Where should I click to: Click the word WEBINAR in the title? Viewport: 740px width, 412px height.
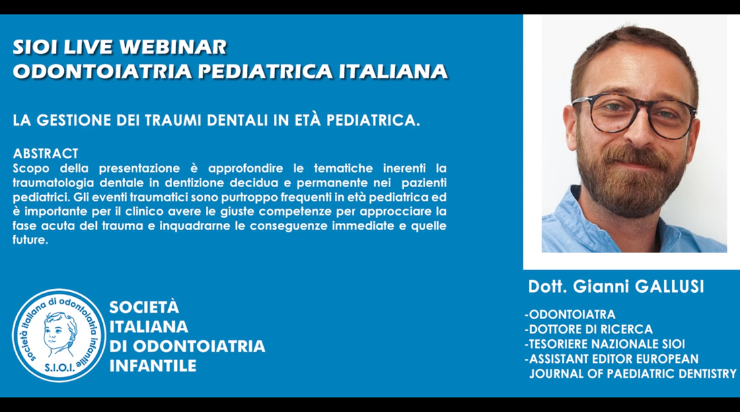(173, 47)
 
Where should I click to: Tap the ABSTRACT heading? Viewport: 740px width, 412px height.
(45, 153)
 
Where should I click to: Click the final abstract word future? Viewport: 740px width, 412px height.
(30, 240)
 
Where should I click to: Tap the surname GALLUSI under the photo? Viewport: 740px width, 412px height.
(669, 286)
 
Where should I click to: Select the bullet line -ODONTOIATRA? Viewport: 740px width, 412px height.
(570, 314)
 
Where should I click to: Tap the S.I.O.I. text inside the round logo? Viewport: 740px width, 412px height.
(59, 367)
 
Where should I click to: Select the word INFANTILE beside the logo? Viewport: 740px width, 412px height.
(153, 366)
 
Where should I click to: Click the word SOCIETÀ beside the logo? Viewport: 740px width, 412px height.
(145, 308)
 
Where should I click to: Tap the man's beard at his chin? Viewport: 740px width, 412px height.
(632, 199)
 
